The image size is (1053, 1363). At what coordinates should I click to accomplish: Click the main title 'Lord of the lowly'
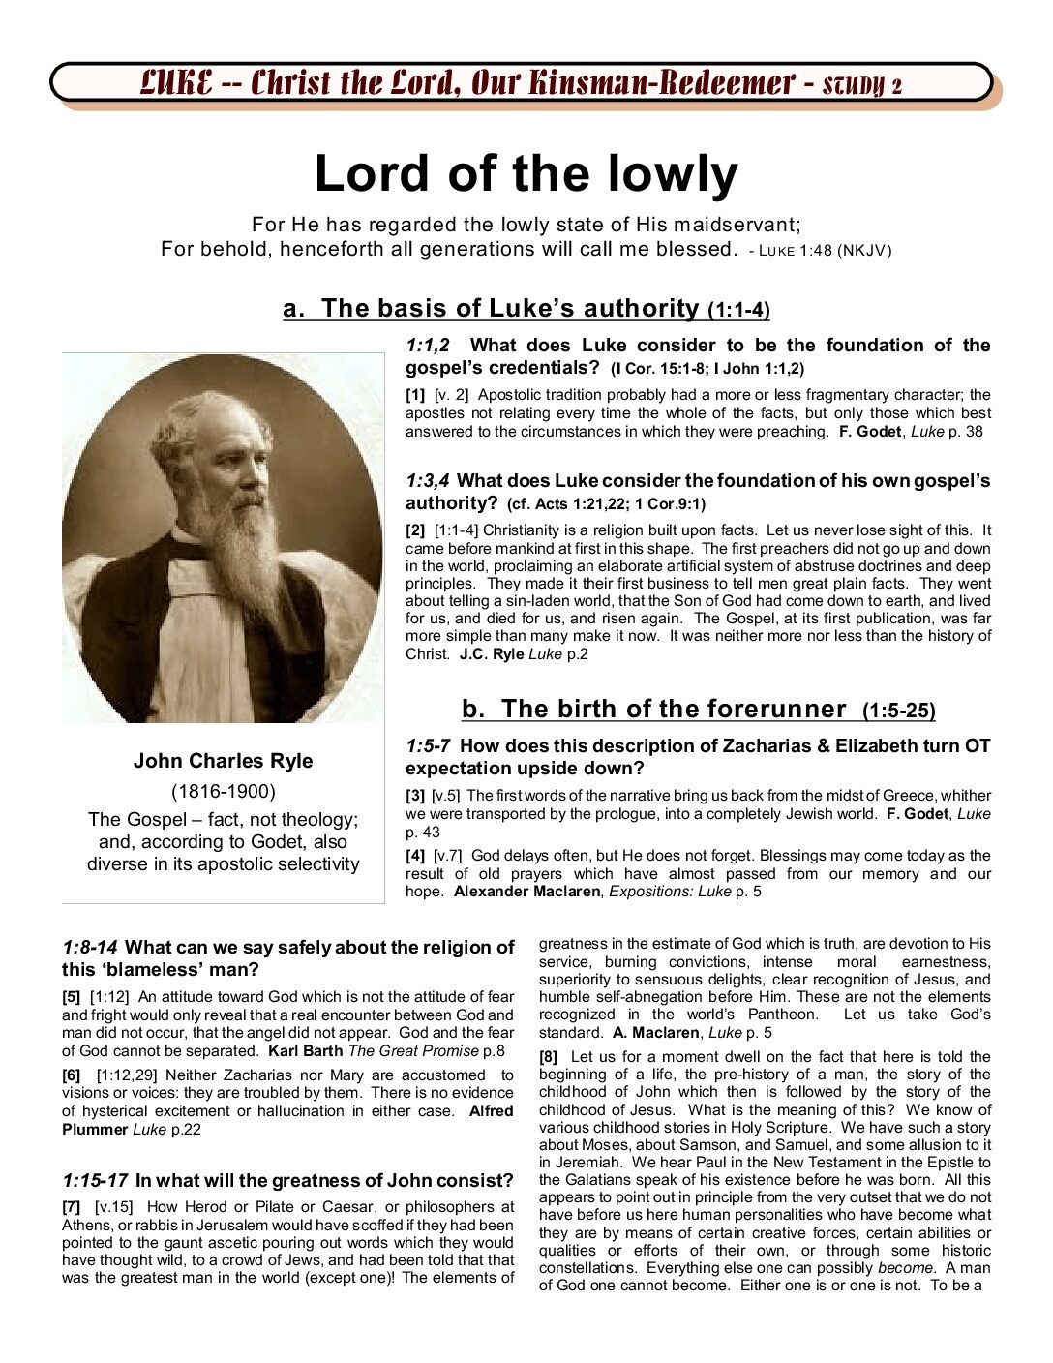click(x=526, y=174)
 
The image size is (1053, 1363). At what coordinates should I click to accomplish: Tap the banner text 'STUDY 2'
click(x=861, y=85)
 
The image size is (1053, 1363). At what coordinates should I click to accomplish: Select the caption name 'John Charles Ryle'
click(x=223, y=761)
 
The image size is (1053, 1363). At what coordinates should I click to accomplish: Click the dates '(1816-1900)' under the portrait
click(x=223, y=791)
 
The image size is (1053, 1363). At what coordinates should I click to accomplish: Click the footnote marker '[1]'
click(x=415, y=395)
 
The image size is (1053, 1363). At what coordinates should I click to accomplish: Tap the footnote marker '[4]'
click(x=415, y=856)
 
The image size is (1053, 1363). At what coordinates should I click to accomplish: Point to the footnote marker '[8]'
click(x=549, y=1057)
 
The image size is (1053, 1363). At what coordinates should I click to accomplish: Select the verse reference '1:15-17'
click(x=95, y=1181)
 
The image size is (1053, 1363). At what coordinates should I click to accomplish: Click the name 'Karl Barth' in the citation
click(x=306, y=1051)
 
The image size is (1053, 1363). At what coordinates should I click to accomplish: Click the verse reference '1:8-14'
click(x=90, y=948)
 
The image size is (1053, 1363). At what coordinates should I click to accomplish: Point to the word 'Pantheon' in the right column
click(x=782, y=1015)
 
